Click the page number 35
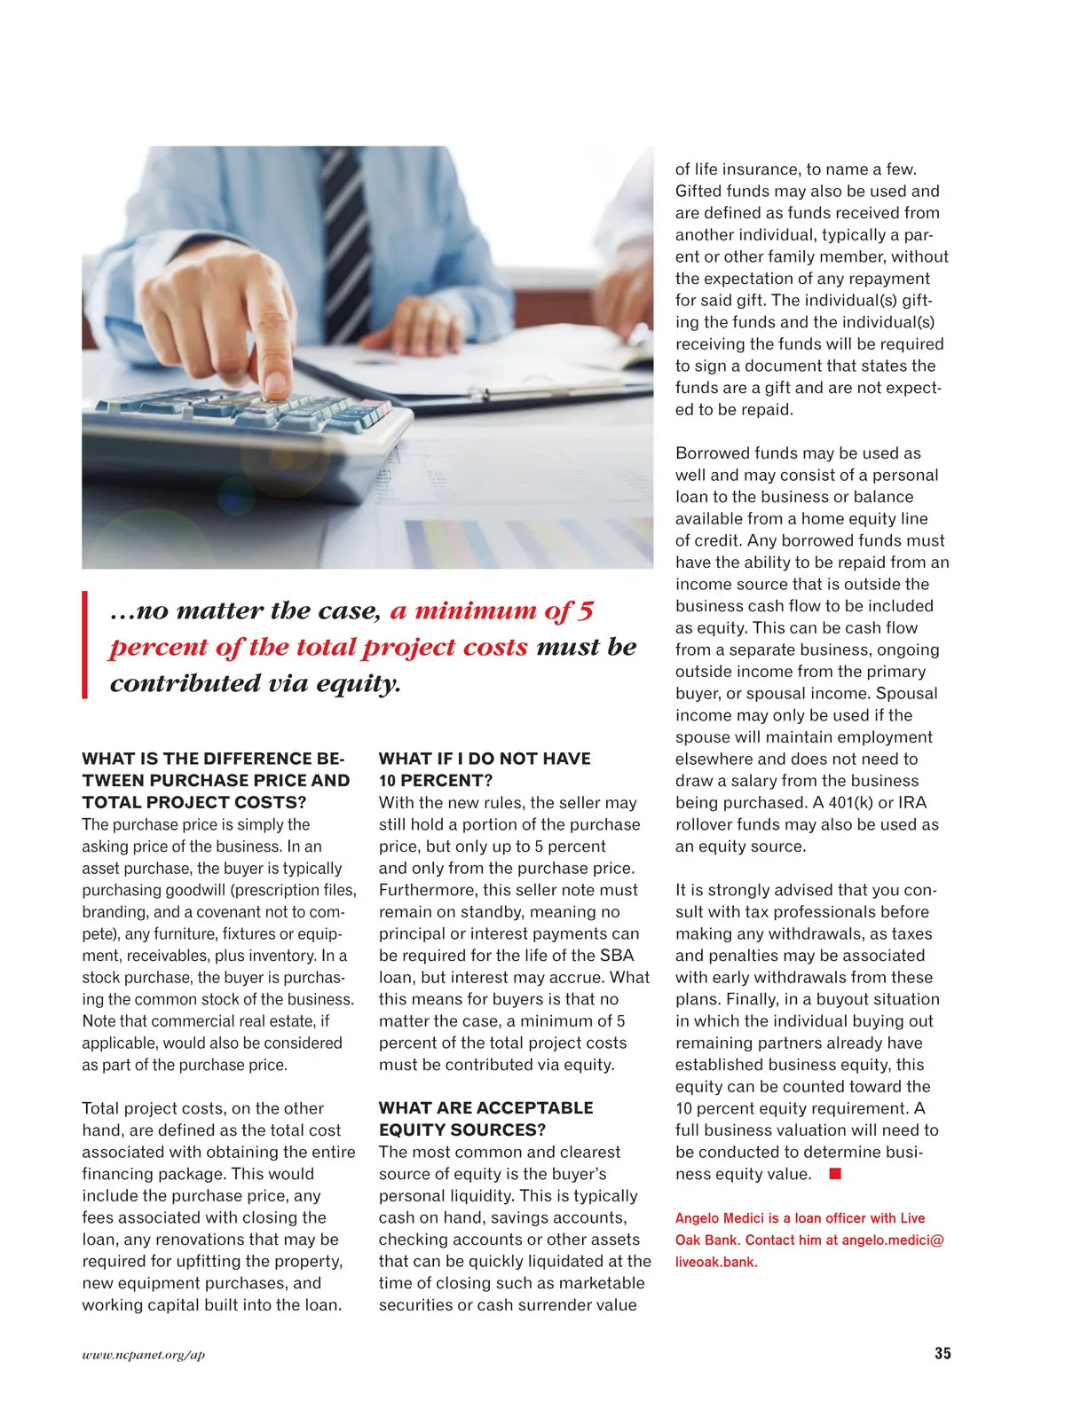point(942,1353)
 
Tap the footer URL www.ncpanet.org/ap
point(143,1355)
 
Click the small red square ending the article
point(834,1174)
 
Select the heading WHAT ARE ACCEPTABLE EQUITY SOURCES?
point(485,1119)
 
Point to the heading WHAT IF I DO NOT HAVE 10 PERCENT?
point(485,769)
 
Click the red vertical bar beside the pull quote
point(85,645)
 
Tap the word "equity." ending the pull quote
point(359,684)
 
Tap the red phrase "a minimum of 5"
point(492,611)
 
